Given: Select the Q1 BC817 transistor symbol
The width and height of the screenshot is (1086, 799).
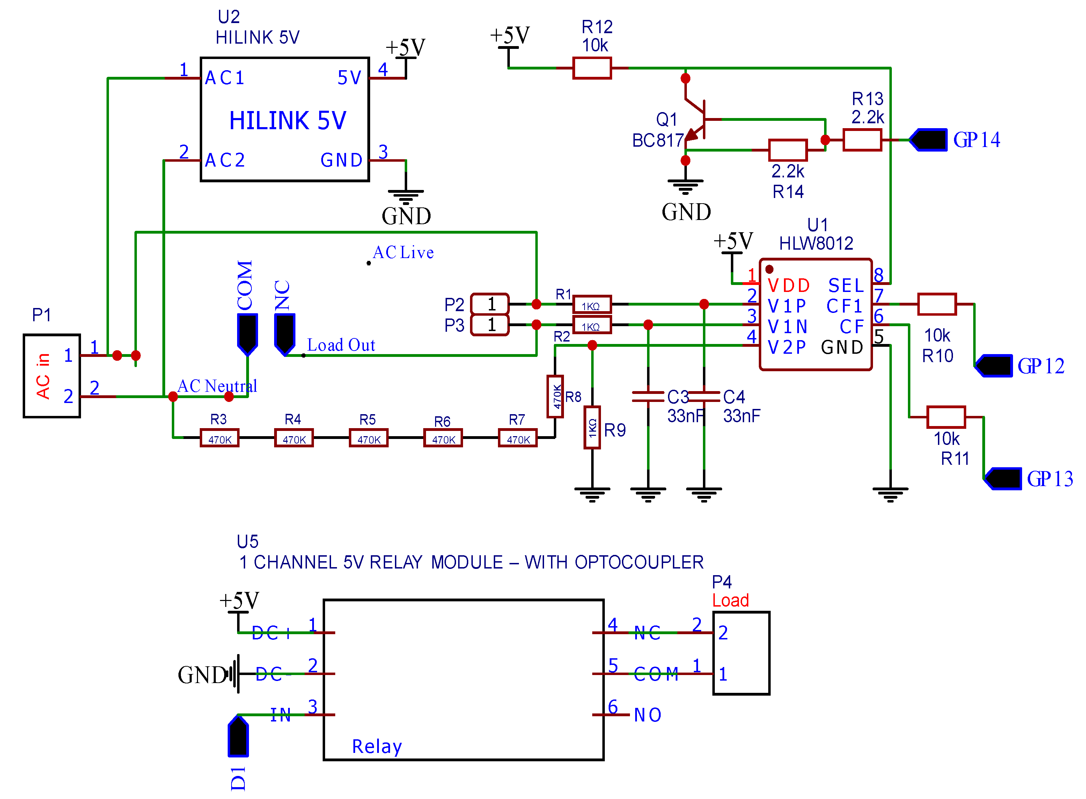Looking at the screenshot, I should (x=696, y=119).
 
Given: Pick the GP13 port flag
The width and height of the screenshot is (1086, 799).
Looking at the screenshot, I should (x=1003, y=479).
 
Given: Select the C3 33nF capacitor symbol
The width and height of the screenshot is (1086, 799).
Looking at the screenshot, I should (x=648, y=397).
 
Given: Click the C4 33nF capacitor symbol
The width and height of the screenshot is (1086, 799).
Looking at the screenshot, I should (x=704, y=397).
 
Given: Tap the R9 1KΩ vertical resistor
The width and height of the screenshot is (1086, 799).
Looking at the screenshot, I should (x=592, y=427).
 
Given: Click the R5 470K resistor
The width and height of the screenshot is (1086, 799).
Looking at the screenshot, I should (x=368, y=438).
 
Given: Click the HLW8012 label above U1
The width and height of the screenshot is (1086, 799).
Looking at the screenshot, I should (x=816, y=243).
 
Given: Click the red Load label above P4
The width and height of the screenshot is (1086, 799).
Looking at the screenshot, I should (x=730, y=600).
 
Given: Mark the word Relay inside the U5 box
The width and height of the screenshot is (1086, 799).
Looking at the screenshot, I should (x=377, y=746).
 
